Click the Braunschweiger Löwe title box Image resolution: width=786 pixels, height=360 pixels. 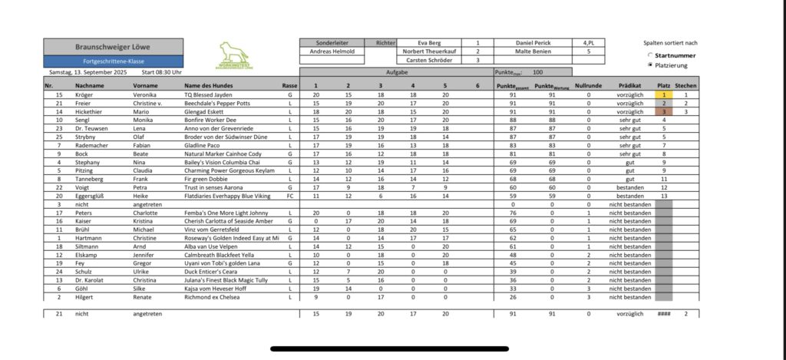click(x=113, y=46)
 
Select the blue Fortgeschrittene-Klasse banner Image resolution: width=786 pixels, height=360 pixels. click(x=113, y=61)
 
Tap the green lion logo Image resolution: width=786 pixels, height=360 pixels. click(x=233, y=54)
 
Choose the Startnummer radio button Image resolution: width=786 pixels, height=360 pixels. click(x=651, y=55)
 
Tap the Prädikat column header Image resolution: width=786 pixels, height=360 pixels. click(x=629, y=86)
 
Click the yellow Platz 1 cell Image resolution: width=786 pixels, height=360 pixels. click(x=664, y=94)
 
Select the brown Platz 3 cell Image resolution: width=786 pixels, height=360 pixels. click(x=664, y=111)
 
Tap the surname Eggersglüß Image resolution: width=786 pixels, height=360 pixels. click(x=92, y=195)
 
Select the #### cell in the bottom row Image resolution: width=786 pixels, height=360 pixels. click(x=664, y=313)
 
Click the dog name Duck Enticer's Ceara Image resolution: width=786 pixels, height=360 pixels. click(x=206, y=271)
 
